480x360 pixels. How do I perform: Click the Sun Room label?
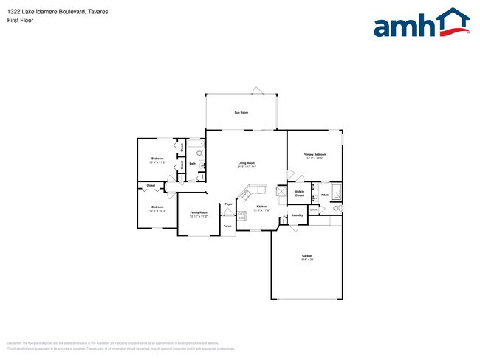[x=241, y=112]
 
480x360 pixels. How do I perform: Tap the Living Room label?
[x=246, y=162]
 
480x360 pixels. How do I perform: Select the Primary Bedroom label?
[x=314, y=154]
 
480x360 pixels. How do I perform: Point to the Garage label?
[x=306, y=255]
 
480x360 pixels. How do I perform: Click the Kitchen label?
[x=261, y=207]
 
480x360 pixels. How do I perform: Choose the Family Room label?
[x=198, y=212]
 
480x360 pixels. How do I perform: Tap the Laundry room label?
[x=298, y=215]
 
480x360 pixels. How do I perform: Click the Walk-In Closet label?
[x=299, y=193]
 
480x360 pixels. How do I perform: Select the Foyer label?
[x=229, y=204]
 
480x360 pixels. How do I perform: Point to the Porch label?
[x=227, y=226]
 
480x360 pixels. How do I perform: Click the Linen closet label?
[x=313, y=210]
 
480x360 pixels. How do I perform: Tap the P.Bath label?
[x=325, y=195]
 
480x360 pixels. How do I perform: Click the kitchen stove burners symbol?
[x=241, y=216]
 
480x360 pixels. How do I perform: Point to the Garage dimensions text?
[x=306, y=260]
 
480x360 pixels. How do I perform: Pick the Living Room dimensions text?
[x=246, y=167]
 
